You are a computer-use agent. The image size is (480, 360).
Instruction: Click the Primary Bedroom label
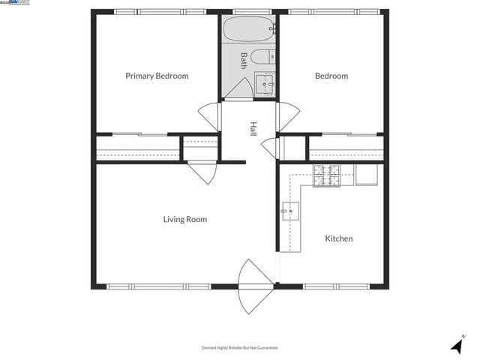point(157,76)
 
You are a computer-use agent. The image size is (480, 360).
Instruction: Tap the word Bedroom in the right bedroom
point(331,76)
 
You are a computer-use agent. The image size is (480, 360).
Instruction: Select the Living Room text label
point(185,220)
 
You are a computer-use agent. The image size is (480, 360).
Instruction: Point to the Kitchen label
point(338,239)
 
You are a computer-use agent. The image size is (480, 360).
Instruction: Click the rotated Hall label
point(253,129)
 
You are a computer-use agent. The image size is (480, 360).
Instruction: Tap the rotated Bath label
point(244,60)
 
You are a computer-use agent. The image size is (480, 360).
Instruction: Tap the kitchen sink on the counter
point(290,212)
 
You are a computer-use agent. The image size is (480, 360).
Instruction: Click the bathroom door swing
point(238,89)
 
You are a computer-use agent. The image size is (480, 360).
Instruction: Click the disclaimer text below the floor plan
point(240,348)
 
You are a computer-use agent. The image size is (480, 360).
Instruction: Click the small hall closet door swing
point(269,148)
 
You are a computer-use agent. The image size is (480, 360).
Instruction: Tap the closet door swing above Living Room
point(202,172)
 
